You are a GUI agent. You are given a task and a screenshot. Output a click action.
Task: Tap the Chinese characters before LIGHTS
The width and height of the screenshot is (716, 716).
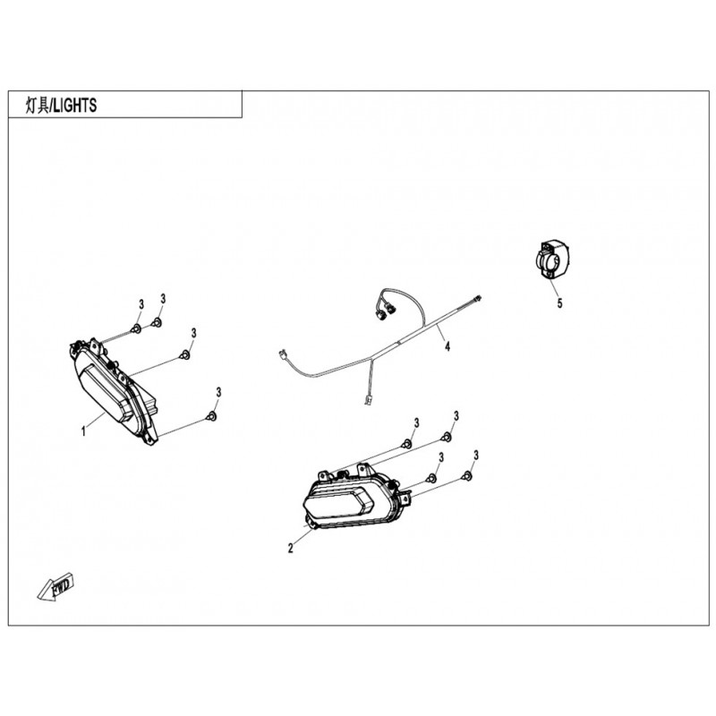click(x=35, y=105)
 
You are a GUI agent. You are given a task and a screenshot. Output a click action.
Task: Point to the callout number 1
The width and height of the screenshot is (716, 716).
click(x=83, y=430)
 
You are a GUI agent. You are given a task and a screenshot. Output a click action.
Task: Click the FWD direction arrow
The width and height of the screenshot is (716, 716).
click(x=55, y=587)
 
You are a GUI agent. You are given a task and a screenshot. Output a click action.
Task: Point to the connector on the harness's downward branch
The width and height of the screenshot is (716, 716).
click(x=369, y=402)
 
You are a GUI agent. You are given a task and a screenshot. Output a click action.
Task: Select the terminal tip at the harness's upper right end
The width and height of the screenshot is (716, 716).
click(x=480, y=298)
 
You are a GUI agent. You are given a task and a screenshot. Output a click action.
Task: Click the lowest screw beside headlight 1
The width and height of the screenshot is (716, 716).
click(x=212, y=415)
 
